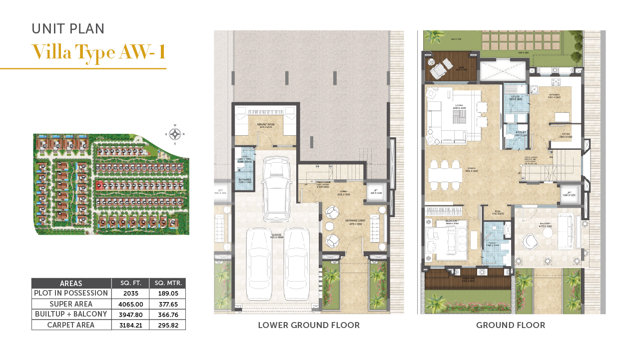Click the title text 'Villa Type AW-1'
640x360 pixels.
click(x=98, y=52)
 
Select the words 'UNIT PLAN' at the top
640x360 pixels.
click(x=68, y=29)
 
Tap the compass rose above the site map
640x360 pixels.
click(x=175, y=134)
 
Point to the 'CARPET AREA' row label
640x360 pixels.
click(x=71, y=325)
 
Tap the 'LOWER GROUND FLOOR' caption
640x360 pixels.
click(x=308, y=326)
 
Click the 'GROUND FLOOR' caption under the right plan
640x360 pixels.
click(x=510, y=326)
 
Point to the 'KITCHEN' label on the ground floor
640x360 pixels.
click(x=555, y=94)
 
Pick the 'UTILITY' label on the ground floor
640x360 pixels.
click(x=515, y=96)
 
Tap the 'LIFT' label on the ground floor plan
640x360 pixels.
click(x=569, y=192)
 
